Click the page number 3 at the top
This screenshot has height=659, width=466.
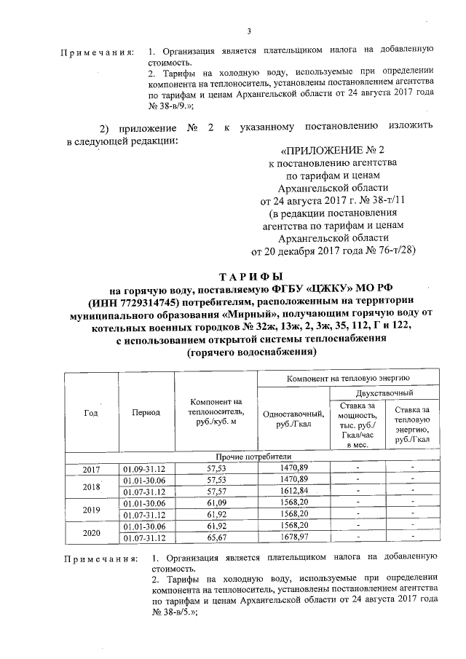point(249,31)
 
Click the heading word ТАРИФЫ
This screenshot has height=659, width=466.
point(251,277)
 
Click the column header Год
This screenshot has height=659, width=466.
point(91,412)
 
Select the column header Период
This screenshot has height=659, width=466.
point(146,412)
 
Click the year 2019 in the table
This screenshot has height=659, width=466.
point(92,509)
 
